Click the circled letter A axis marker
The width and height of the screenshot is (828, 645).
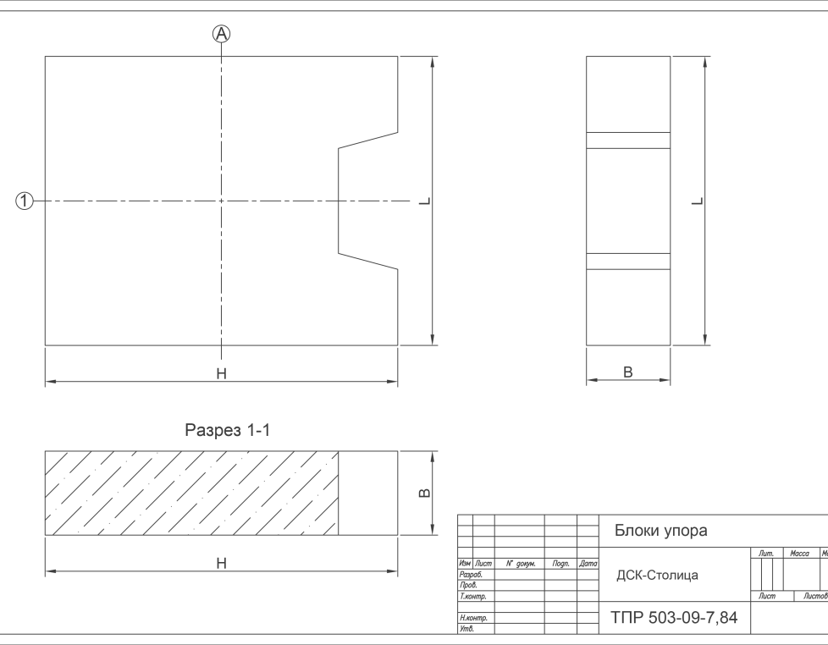point(221,34)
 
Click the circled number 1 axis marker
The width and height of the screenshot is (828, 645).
point(24,201)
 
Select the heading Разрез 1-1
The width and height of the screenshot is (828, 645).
point(227,430)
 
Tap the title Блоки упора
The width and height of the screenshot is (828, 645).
point(660,530)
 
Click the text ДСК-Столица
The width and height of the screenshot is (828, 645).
point(657,575)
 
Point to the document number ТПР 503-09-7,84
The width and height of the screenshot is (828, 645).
point(674,617)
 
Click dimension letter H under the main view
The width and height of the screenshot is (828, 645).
point(221,373)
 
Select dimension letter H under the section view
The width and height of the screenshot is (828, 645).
point(221,563)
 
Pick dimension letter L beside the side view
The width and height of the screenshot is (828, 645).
point(698,201)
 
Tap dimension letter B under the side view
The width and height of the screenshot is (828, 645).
point(628,372)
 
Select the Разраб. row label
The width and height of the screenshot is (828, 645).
point(471,574)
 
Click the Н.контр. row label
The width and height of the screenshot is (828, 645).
point(473,618)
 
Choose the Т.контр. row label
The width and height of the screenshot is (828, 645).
point(472,596)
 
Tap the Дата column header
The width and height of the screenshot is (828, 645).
point(588,564)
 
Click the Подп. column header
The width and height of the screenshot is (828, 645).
point(560,564)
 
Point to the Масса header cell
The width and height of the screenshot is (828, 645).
point(799,553)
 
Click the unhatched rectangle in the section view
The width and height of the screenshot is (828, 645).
point(367,493)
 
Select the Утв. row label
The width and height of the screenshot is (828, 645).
point(466,629)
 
